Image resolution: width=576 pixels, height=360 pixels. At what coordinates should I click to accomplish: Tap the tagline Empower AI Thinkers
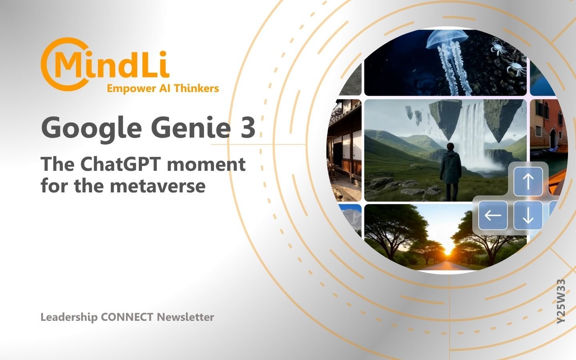point(163,88)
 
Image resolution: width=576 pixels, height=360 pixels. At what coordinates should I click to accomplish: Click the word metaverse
point(158,186)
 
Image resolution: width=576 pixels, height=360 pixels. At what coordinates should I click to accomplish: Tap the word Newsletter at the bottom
point(186,317)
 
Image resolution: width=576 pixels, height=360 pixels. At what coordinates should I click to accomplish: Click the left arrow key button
point(493,216)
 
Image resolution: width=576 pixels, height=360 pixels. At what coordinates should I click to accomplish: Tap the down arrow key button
point(528,216)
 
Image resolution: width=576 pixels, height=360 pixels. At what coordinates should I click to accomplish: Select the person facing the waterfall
point(450,172)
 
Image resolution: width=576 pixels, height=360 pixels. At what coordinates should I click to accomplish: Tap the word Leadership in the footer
point(69,317)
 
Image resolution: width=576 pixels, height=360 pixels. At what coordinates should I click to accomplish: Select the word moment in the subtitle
point(206,165)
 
